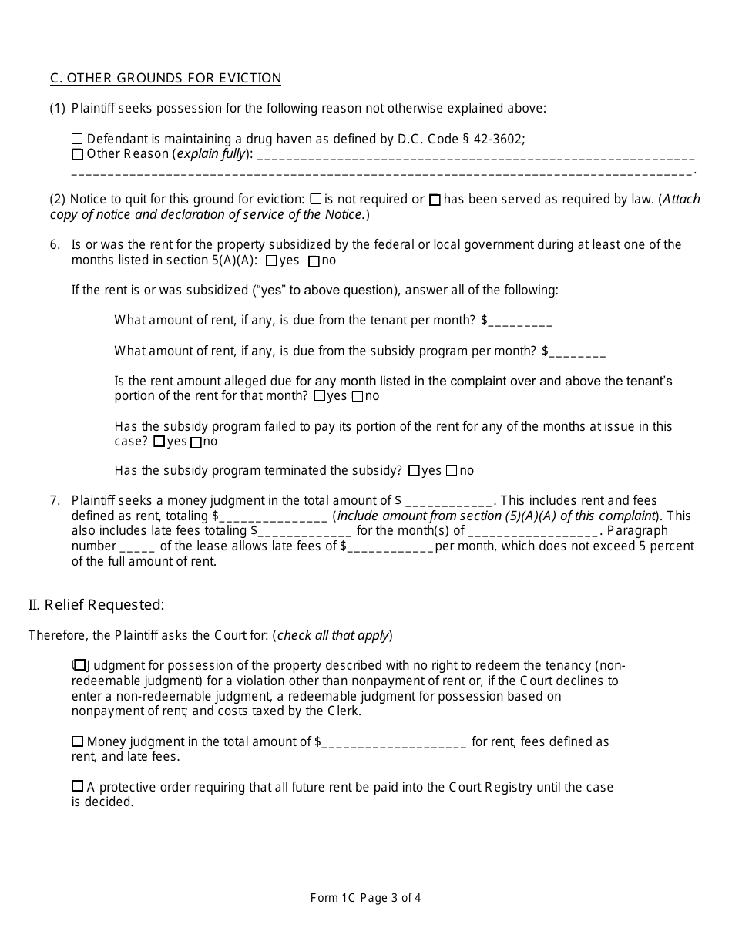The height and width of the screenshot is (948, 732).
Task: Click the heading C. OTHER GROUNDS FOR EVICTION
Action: click(166, 78)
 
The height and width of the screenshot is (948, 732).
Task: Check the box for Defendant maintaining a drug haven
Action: click(77, 139)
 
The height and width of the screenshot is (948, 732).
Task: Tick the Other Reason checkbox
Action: click(77, 154)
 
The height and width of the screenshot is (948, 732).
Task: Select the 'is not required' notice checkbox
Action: click(327, 200)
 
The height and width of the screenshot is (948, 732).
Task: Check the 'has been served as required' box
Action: click(435, 200)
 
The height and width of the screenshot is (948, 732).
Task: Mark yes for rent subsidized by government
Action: click(270, 261)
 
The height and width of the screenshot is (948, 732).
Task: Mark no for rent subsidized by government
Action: click(314, 261)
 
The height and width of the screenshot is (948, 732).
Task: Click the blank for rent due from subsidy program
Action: click(578, 351)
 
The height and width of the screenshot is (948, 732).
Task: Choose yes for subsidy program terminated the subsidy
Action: click(415, 470)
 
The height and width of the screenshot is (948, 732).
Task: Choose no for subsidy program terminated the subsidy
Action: click(452, 470)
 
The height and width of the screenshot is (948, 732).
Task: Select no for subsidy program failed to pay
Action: click(196, 442)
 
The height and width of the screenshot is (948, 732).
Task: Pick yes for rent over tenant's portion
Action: click(320, 396)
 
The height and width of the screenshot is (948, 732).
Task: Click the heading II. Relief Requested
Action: click(96, 605)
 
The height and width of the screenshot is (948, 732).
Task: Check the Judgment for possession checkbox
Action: click(79, 665)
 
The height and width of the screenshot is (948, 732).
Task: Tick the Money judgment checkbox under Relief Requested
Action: click(77, 741)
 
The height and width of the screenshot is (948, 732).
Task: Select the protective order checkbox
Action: click(77, 787)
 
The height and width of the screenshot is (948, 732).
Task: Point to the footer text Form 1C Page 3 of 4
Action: click(365, 897)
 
